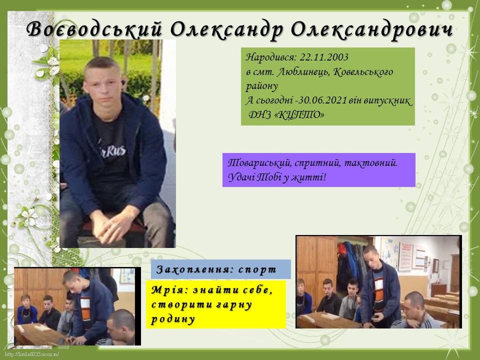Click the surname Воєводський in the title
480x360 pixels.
pos(94,30)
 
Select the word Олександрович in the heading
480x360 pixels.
pos(371,30)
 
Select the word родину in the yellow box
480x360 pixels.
pos(173,319)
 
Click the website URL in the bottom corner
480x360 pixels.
pos(32,355)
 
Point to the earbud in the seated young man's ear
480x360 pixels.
pos(123,82)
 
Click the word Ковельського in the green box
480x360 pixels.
pos(363,72)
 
